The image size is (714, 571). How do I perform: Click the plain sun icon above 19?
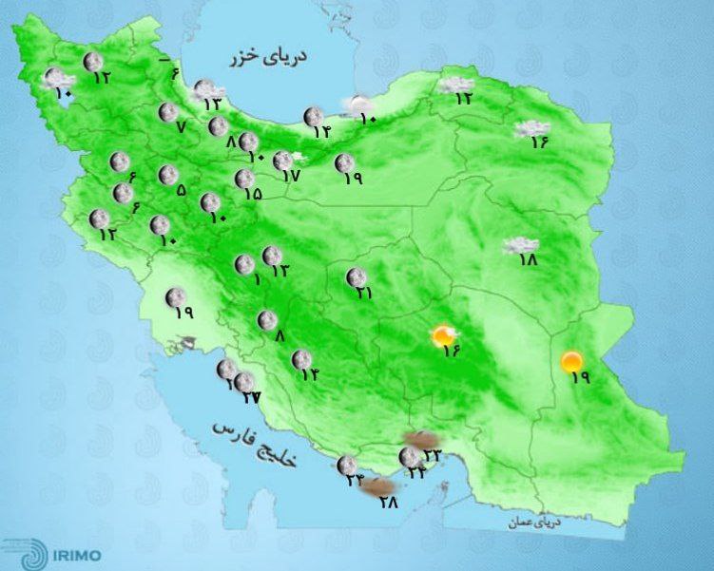tap(571, 360)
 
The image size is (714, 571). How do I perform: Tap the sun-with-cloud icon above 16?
tap(445, 334)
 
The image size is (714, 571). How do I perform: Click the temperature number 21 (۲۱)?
tap(362, 294)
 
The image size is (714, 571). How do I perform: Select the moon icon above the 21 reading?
tap(357, 276)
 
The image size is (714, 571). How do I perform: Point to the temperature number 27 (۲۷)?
tap(251, 396)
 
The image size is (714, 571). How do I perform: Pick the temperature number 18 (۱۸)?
tap(529, 259)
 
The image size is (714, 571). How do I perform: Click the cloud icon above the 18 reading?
tap(519, 245)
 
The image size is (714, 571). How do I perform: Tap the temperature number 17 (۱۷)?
tap(292, 176)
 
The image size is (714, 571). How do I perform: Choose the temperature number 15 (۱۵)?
tap(253, 193)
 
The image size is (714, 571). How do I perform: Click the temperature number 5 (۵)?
tap(182, 189)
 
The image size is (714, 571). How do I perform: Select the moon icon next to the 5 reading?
tap(167, 174)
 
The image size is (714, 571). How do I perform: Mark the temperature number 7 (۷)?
tap(181, 127)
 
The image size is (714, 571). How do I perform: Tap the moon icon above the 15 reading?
tap(243, 178)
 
